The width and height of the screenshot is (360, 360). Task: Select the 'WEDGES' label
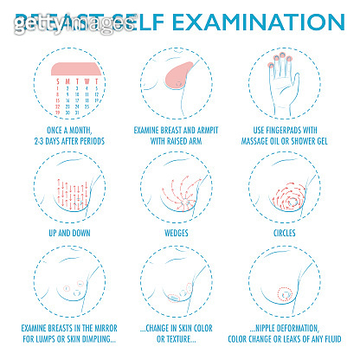(x=180, y=233)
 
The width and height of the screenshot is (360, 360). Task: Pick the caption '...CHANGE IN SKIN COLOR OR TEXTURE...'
(x=180, y=332)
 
